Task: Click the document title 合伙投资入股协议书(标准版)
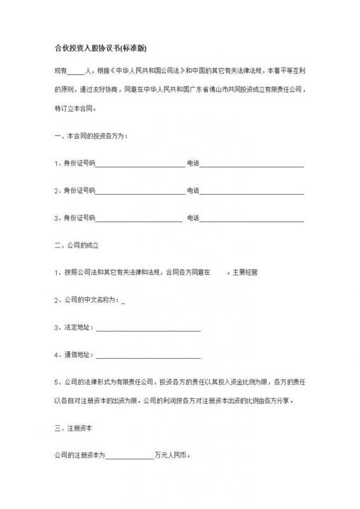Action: point(102,48)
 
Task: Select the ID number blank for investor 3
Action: point(139,218)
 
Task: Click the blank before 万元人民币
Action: point(130,456)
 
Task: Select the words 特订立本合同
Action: point(74,109)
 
